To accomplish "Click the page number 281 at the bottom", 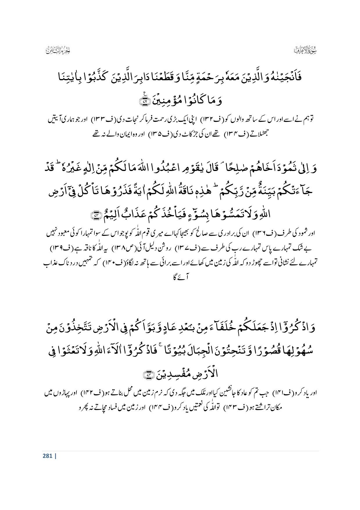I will point(47,456).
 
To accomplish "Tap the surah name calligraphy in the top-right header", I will point(304,50).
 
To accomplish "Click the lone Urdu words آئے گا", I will point(180,278).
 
